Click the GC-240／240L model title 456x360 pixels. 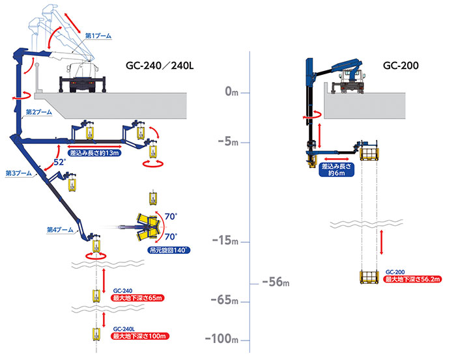pos(160,66)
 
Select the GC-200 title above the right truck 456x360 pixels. pos(401,65)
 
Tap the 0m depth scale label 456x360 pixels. pos(231,92)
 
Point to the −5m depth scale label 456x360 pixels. pos(228,141)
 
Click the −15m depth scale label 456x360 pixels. pos(225,241)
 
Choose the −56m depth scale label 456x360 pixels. pos(276,281)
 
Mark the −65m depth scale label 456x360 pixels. pos(225,300)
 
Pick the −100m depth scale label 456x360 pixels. pos(221,339)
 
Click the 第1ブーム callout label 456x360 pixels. pos(98,36)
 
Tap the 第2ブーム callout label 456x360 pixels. pos(39,112)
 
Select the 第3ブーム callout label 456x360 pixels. pos(19,173)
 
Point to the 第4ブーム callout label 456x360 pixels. pos(60,230)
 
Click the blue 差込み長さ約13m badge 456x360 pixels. pos(94,153)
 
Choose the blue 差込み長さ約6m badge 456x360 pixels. pos(337,170)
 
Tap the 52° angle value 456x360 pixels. pos(59,162)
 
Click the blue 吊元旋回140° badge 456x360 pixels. pos(169,250)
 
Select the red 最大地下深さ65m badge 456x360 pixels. pos(137,298)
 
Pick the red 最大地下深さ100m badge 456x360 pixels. pos(139,336)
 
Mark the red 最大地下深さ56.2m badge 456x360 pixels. pos(412,279)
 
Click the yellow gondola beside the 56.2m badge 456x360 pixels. pos(369,277)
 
